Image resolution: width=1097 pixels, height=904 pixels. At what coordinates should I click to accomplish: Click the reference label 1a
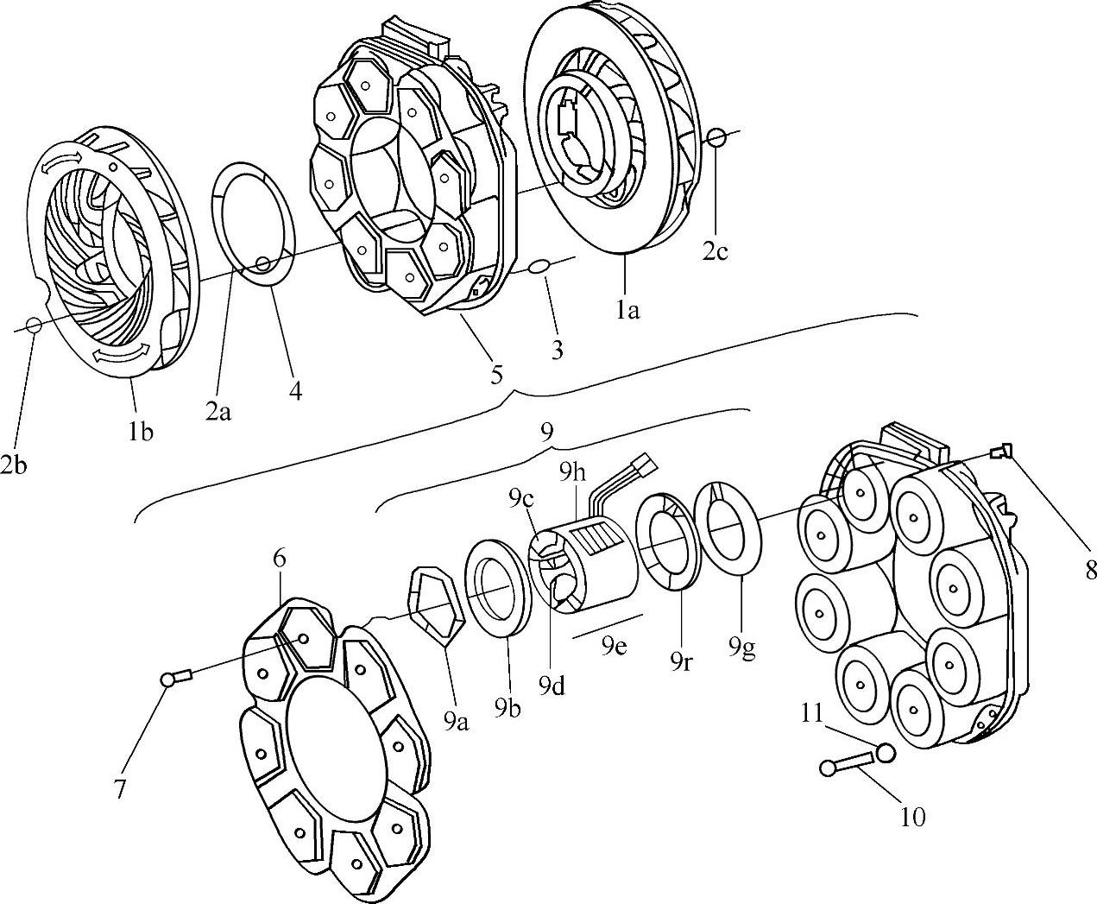(627, 311)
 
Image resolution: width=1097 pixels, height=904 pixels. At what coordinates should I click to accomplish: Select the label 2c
(715, 252)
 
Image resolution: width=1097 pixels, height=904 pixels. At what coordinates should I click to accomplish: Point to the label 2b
(14, 465)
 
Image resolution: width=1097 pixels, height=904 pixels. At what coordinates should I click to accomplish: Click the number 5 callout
(496, 376)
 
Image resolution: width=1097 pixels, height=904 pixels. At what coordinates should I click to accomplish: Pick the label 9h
(572, 474)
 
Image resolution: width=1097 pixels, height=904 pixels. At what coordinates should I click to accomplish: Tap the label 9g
(742, 648)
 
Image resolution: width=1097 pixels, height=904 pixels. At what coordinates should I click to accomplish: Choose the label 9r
(682, 663)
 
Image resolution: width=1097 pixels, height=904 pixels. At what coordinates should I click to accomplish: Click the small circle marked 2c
(716, 138)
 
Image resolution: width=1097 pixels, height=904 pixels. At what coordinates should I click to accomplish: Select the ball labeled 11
(885, 752)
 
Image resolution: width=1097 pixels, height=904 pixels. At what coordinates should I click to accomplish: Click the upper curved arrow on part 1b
(62, 158)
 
